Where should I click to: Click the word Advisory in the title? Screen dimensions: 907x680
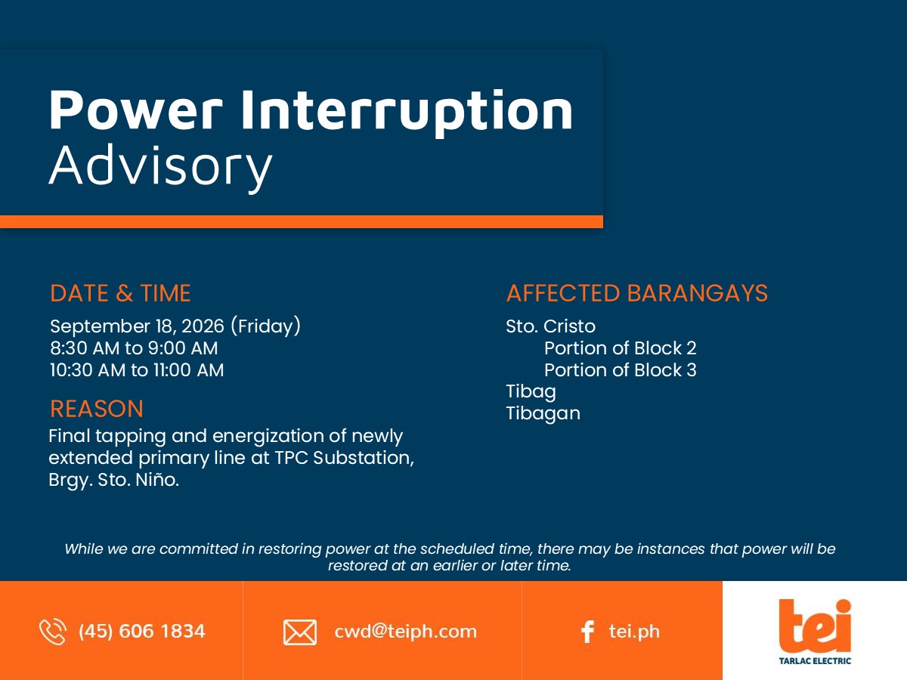161,167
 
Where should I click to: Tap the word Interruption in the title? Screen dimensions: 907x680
407,111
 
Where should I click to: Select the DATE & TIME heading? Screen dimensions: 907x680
120,293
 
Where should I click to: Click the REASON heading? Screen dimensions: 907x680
97,409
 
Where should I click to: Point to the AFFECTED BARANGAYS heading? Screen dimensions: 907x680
637,293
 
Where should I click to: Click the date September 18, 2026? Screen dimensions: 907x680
138,326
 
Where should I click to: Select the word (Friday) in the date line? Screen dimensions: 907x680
266,326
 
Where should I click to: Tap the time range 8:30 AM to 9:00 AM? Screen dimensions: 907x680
134,348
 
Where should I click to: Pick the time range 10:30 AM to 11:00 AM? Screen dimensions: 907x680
137,370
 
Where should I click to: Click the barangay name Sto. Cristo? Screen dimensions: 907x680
551,326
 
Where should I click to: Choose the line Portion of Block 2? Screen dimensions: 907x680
621,348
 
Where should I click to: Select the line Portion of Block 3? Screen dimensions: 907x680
621,370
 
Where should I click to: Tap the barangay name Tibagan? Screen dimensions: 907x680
543,414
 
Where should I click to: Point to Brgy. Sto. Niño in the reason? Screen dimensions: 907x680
114,481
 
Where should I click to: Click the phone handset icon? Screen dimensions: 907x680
52,632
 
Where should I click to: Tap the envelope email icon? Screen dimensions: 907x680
300,632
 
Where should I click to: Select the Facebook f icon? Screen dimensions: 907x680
587,632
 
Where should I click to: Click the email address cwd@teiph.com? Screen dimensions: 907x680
406,632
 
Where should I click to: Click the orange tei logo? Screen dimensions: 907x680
815,626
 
